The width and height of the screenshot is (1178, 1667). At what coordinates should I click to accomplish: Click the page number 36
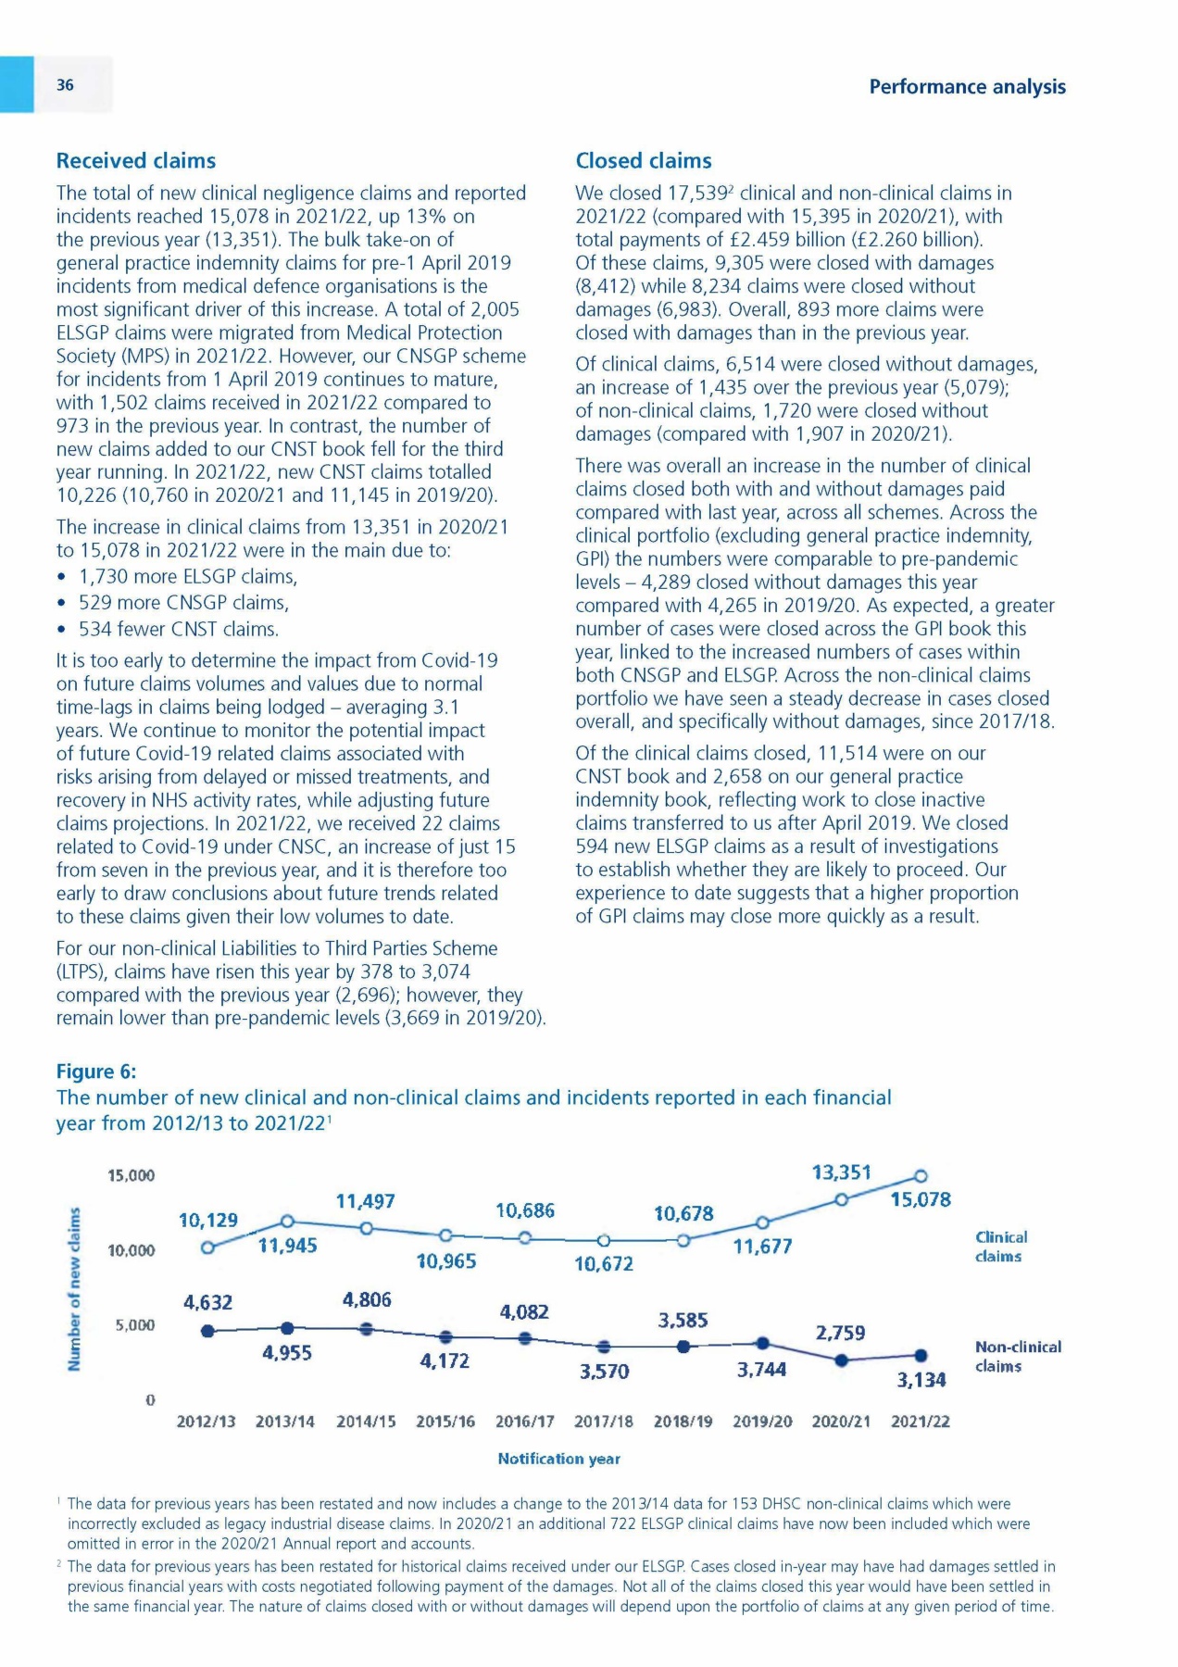point(65,85)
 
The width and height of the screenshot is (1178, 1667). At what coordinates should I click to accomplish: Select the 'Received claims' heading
point(136,161)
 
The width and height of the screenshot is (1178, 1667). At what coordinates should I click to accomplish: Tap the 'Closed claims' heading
point(644,161)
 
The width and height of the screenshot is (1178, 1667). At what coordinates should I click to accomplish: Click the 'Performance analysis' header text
point(967,87)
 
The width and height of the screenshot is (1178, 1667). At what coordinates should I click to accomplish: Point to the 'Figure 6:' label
point(96,1072)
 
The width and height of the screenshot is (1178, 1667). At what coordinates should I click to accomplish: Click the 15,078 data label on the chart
point(921,1200)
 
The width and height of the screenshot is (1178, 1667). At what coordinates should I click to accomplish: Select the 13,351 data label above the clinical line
point(841,1172)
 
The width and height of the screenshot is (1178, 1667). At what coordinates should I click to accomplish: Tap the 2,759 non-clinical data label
point(840,1333)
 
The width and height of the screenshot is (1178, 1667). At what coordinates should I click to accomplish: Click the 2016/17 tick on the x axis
point(524,1422)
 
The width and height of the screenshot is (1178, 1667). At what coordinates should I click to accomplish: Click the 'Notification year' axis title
point(558,1459)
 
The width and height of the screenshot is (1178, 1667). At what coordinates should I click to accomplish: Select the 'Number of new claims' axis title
point(74,1286)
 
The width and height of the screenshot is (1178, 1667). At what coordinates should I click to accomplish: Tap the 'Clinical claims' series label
point(1000,1247)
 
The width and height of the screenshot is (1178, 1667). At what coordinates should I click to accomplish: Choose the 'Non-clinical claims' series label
point(1018,1357)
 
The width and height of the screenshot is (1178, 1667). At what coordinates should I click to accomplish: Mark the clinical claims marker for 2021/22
point(921,1176)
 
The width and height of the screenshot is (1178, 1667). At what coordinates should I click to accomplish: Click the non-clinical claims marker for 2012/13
point(208,1331)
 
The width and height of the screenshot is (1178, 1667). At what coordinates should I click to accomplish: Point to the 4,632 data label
point(207,1303)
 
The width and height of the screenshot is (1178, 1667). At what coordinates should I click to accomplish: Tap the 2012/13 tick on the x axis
point(206,1422)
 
